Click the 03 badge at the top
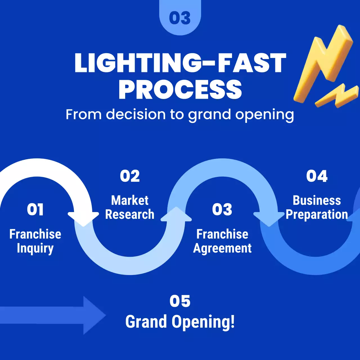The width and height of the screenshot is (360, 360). (x=180, y=18)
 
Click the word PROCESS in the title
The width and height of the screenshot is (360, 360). (x=180, y=89)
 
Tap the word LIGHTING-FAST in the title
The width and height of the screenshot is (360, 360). (x=180, y=63)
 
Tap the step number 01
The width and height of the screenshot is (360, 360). (x=35, y=210)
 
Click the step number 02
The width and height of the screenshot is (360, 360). (x=130, y=176)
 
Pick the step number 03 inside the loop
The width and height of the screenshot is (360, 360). (x=222, y=209)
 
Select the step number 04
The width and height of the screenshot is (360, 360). (x=317, y=176)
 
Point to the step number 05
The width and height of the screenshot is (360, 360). (x=180, y=301)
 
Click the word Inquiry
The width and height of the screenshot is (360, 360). (x=35, y=249)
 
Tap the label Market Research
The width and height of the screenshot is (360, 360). (x=130, y=207)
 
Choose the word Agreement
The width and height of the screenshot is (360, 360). (x=222, y=249)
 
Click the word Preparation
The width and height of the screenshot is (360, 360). (x=317, y=215)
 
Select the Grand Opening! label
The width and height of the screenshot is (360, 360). (x=180, y=321)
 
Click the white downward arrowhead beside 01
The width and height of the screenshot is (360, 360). (x=83, y=219)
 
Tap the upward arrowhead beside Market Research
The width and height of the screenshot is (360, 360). (x=176, y=214)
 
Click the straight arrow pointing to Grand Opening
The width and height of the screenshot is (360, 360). (x=53, y=315)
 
